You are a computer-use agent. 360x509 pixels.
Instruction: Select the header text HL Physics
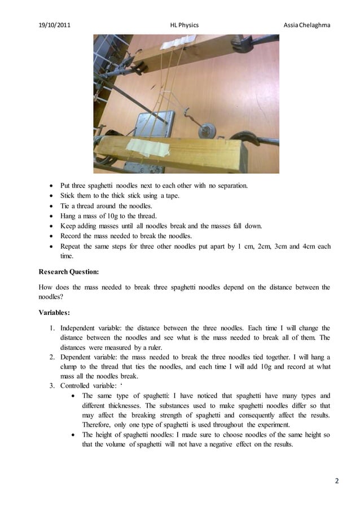point(184,25)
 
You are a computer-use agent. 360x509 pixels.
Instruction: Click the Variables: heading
point(54,311)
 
